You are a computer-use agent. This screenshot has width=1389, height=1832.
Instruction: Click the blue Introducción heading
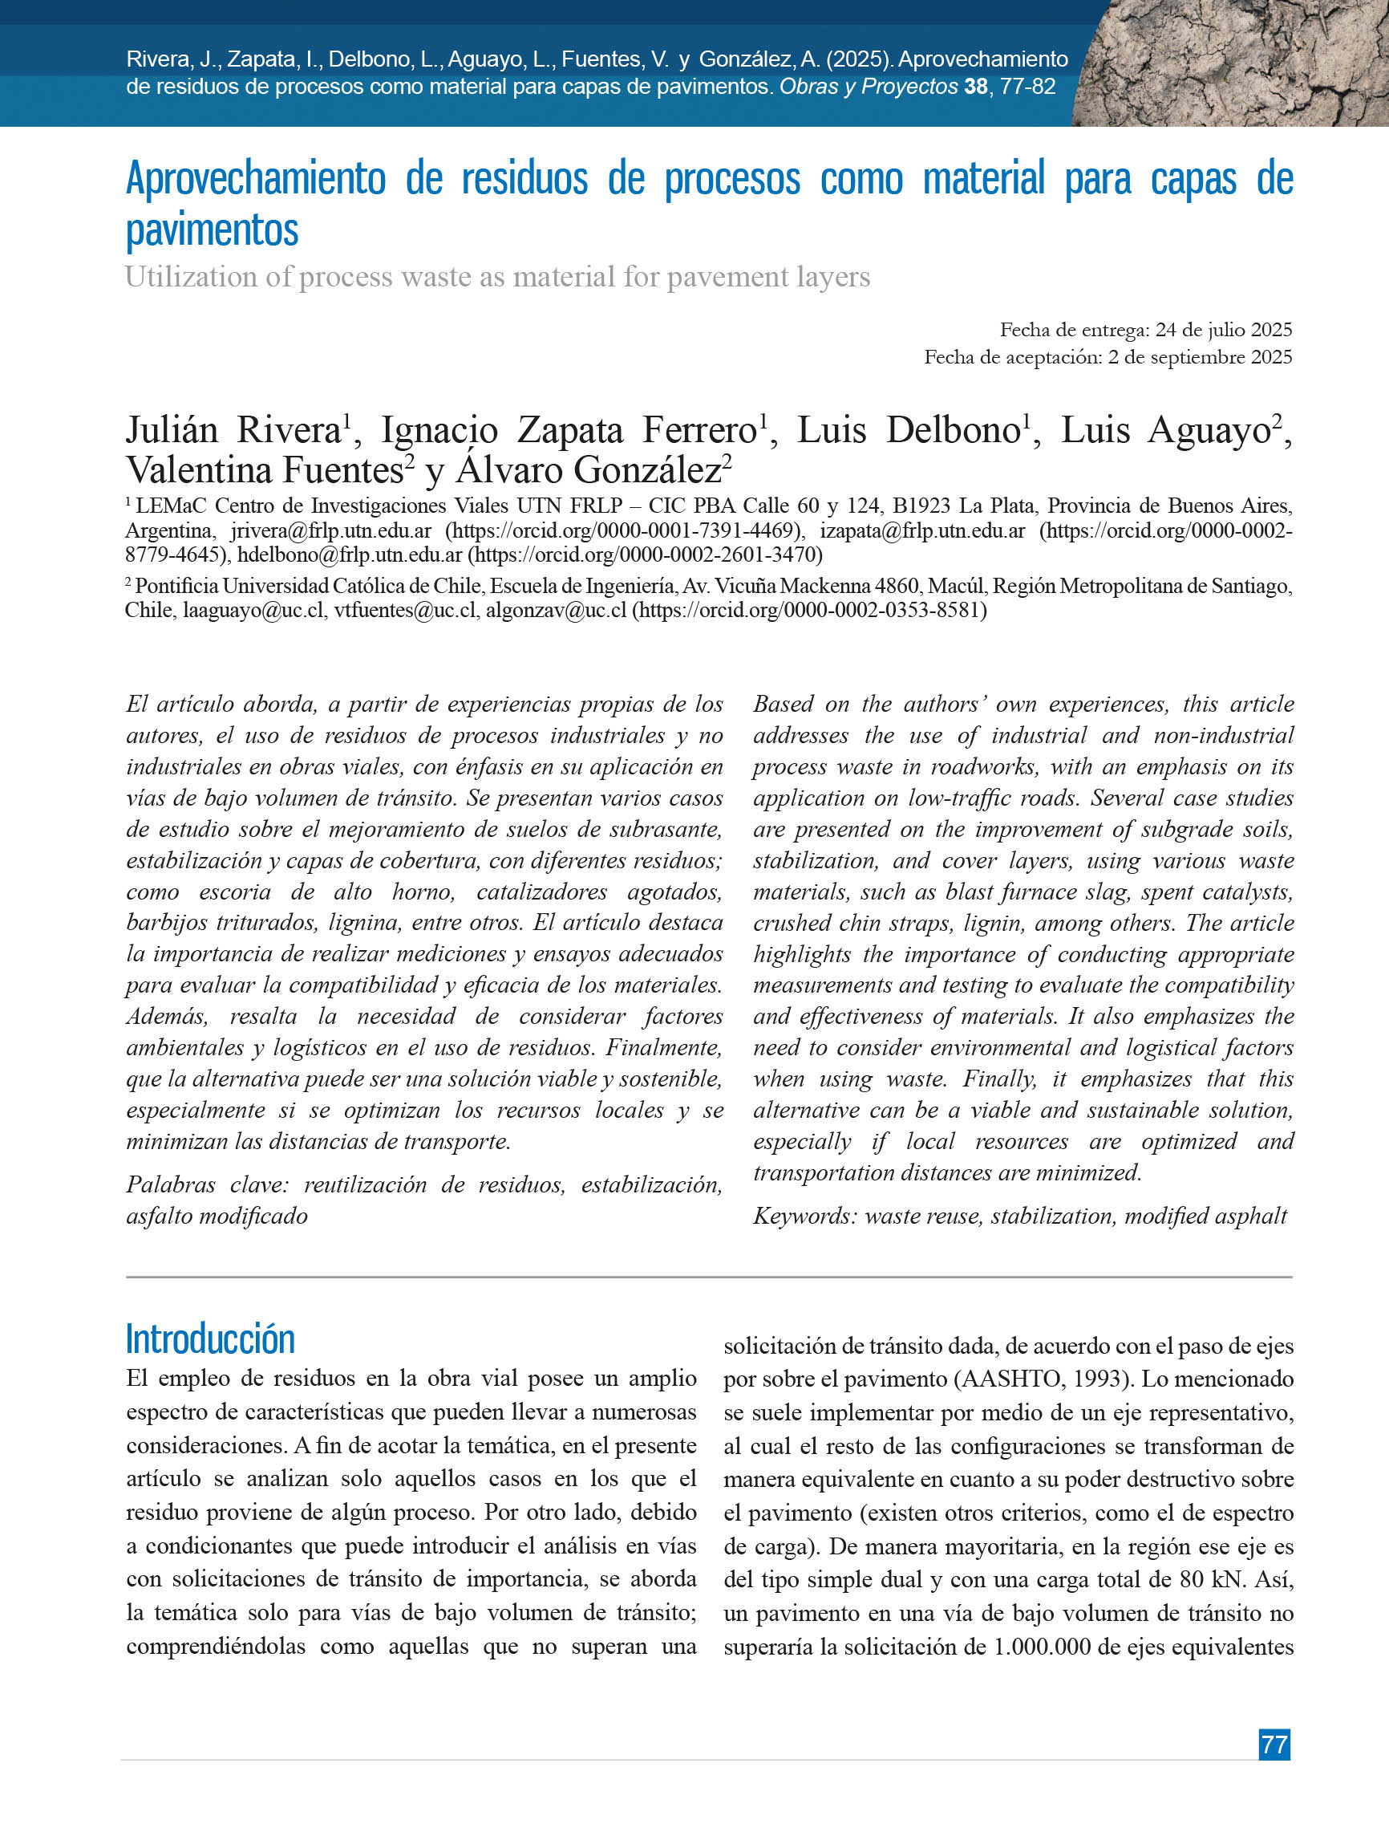point(210,1338)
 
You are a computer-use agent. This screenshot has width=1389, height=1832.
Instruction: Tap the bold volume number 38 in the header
point(976,87)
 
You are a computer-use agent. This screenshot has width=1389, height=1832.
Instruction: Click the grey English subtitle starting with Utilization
point(496,277)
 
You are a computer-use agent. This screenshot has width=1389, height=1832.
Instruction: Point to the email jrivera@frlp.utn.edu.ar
point(330,531)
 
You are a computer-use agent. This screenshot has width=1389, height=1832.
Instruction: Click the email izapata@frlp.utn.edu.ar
point(922,531)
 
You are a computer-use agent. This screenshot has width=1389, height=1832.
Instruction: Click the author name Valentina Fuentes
point(264,470)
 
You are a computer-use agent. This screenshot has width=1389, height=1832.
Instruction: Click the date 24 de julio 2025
point(1224,330)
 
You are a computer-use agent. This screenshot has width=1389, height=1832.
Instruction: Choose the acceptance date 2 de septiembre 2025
point(1201,357)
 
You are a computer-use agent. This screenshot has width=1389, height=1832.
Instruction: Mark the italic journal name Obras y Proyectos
point(869,87)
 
